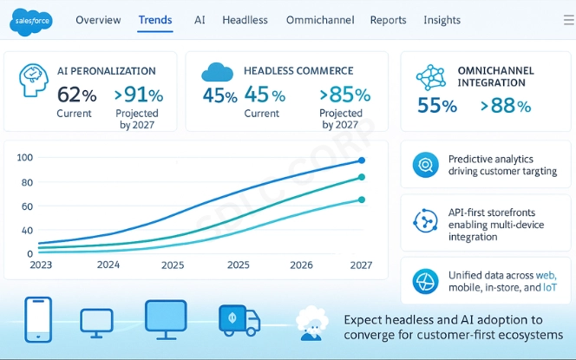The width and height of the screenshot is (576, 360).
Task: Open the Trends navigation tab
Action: [x=155, y=20]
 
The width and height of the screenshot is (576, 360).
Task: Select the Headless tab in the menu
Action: [x=245, y=20]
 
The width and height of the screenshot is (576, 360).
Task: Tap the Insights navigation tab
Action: [x=442, y=20]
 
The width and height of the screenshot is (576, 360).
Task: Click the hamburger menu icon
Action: [x=568, y=20]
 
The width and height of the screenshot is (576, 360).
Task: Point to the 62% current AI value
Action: [x=76, y=95]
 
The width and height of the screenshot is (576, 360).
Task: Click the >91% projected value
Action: [x=139, y=95]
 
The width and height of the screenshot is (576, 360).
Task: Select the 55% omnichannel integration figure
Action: [x=437, y=107]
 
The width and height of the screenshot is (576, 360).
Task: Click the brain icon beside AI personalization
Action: [x=33, y=80]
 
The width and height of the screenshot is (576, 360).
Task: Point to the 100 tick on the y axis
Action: [x=24, y=157]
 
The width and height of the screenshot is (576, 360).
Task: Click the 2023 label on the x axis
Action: [x=41, y=265]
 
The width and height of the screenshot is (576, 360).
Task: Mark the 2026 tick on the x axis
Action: [x=301, y=265]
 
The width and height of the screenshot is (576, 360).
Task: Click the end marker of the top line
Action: [x=362, y=160]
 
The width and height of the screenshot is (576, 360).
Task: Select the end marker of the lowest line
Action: [x=362, y=200]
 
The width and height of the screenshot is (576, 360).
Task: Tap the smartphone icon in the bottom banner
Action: [x=38, y=319]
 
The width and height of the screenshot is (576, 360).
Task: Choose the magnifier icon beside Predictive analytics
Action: [x=426, y=164]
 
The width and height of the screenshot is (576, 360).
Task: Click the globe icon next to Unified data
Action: [x=426, y=282]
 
